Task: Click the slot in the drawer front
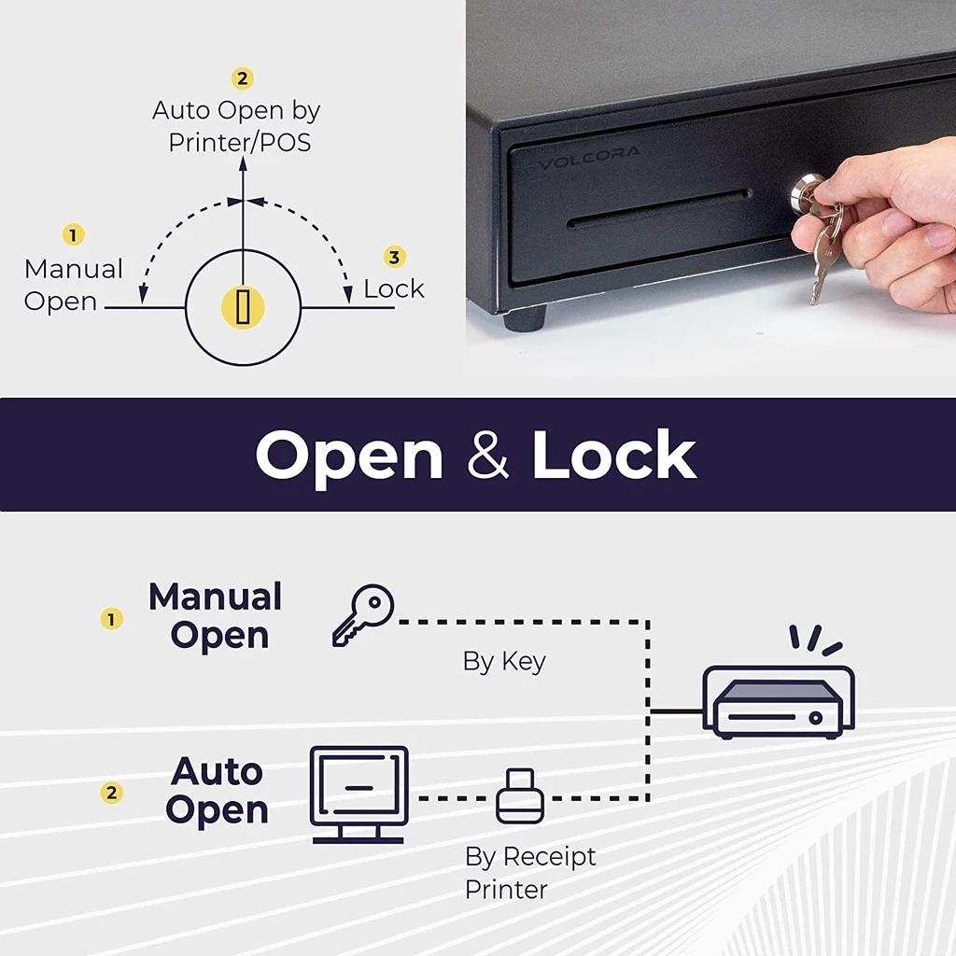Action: (659, 210)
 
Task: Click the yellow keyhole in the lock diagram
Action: (243, 307)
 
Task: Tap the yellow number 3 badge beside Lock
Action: (395, 257)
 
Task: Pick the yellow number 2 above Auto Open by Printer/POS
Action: (243, 78)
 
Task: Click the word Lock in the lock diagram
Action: (394, 288)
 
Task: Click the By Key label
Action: (504, 662)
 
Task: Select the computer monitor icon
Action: (358, 794)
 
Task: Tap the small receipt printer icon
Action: (520, 796)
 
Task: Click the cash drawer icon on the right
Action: (779, 703)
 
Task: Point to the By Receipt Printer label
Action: (530, 872)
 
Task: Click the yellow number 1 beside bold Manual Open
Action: (112, 619)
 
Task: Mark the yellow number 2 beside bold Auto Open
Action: (112, 793)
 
